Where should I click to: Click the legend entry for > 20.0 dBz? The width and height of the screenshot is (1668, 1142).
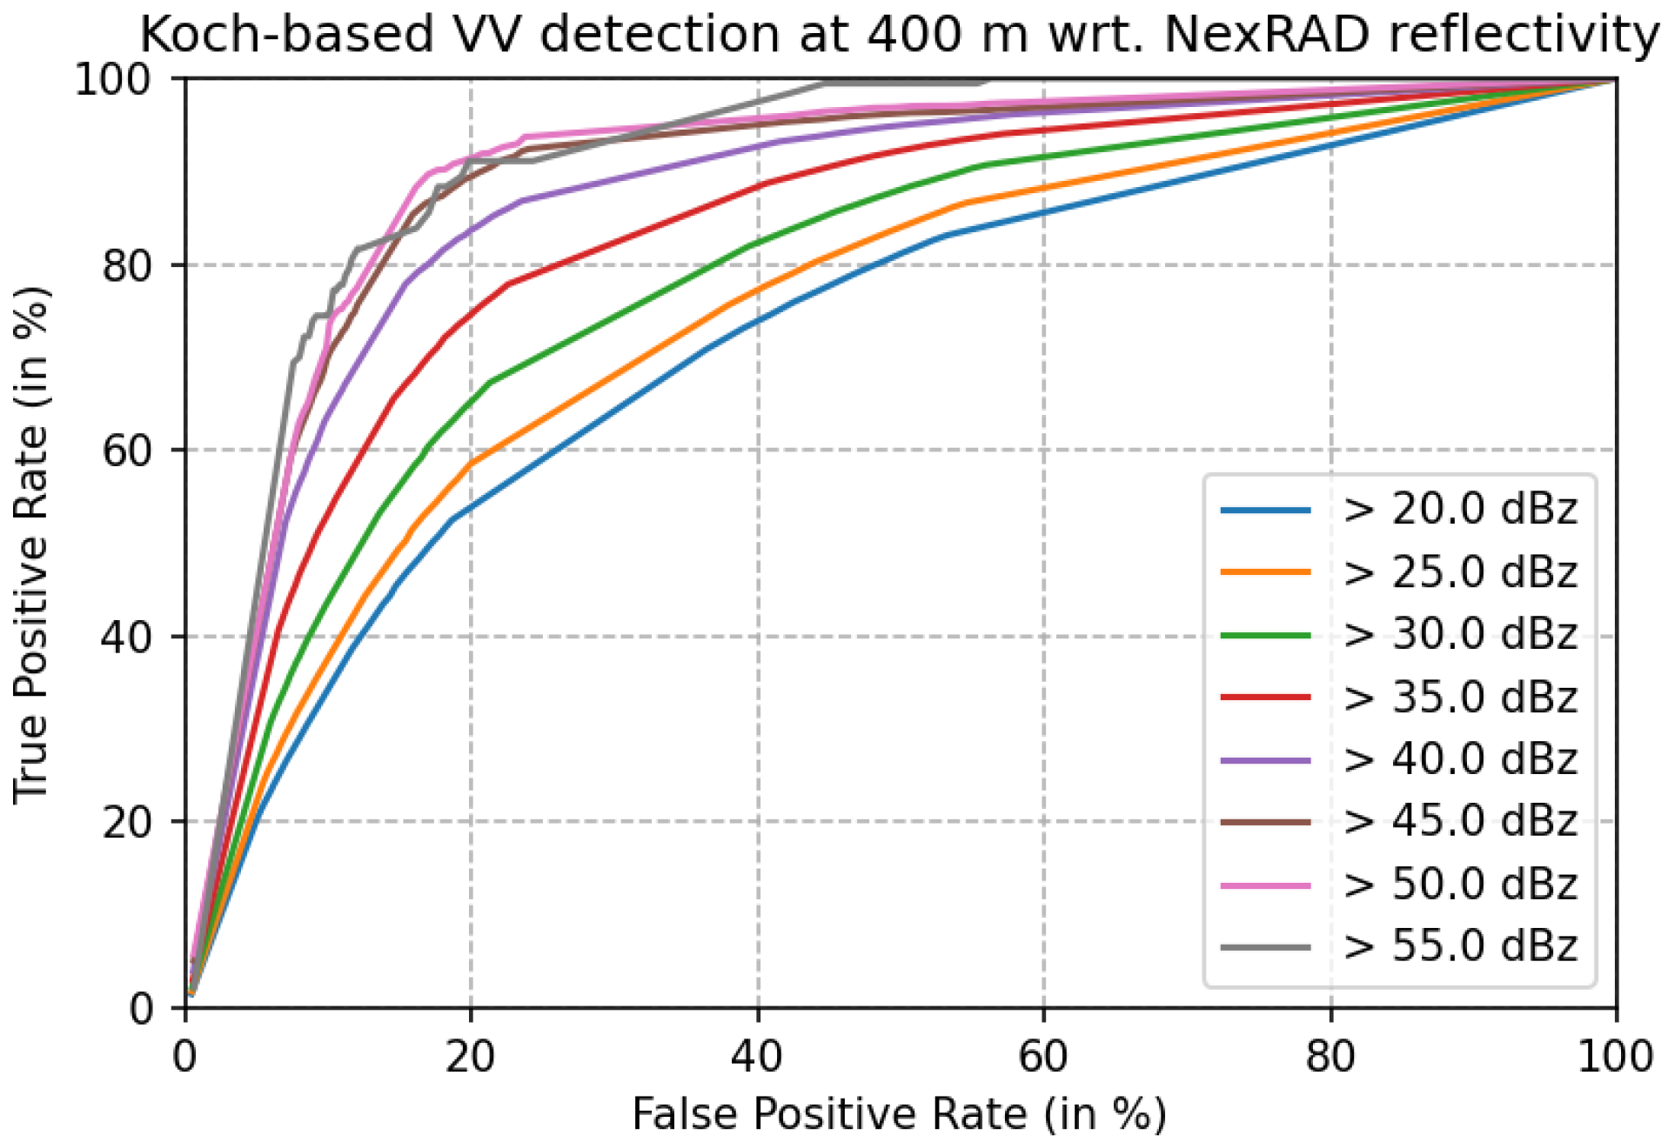pos(1458,510)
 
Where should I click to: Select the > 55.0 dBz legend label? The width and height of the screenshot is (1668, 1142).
pos(1458,947)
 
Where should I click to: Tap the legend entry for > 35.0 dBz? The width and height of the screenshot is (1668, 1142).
pos(1458,698)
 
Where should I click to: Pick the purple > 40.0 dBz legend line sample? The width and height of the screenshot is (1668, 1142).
pos(1265,760)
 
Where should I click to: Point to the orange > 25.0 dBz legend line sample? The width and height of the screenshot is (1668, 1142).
pos(1265,572)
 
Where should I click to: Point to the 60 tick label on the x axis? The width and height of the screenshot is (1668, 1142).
pos(1042,1058)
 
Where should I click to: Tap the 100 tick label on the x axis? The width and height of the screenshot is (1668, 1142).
pos(1614,1058)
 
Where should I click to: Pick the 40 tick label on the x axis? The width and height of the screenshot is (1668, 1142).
pos(757,1058)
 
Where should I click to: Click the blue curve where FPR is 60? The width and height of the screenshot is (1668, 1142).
pos(1043,212)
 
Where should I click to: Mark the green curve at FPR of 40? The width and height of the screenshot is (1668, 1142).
pos(758,243)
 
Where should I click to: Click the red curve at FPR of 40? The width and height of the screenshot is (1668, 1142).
pos(758,185)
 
